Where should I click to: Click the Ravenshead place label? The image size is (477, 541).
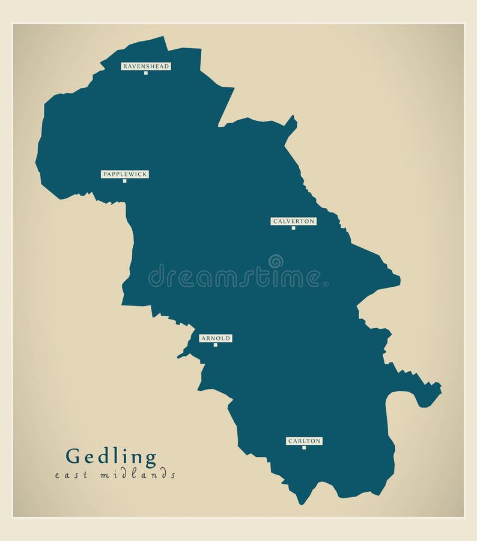146,66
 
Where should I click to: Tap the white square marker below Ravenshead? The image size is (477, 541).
145,73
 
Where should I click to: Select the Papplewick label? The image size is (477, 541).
125,174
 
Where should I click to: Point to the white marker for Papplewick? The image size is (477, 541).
124,181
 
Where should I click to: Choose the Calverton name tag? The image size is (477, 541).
293,221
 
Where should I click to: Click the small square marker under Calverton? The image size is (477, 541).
293,228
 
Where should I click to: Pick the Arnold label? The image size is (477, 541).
216,338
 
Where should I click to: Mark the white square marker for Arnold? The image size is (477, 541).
215,345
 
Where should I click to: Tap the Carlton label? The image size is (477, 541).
304,441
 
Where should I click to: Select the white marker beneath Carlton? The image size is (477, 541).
304,447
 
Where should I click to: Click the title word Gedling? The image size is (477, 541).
111,457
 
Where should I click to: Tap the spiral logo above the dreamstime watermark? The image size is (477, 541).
276,261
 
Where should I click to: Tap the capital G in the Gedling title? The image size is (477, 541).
73,457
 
